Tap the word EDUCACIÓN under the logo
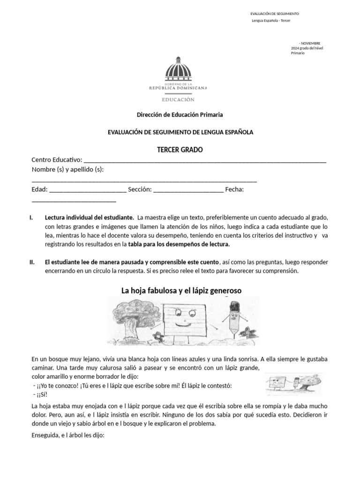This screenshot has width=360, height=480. (x=178, y=99)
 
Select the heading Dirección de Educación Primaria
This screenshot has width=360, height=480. (x=180, y=114)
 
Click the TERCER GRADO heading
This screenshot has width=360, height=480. (x=180, y=150)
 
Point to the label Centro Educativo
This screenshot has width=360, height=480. (x=57, y=160)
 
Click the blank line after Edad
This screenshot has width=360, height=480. (x=87, y=189)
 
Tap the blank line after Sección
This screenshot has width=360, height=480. (x=188, y=189)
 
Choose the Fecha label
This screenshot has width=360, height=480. (x=234, y=189)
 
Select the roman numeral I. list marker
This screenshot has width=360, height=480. (x=31, y=218)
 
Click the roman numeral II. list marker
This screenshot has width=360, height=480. (x=32, y=262)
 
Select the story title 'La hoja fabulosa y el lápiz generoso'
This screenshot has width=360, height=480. (x=181, y=291)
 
